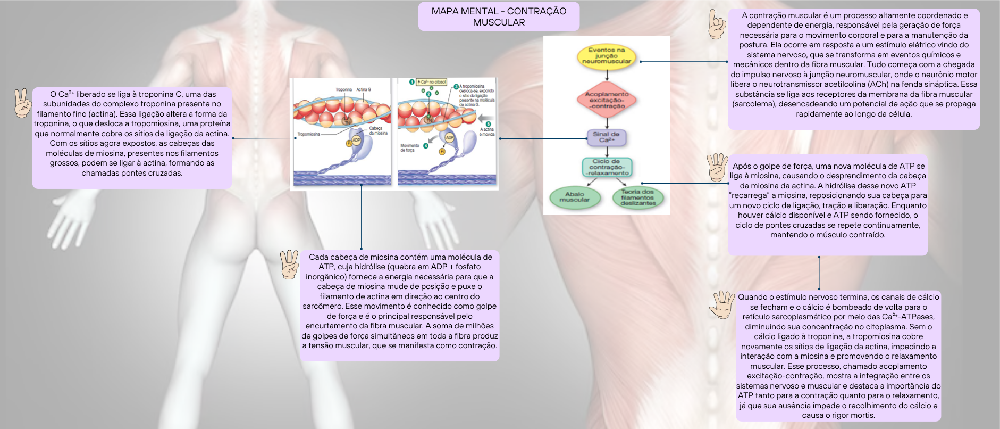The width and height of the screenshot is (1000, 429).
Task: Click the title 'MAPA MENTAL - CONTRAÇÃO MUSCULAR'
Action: [x=499, y=16]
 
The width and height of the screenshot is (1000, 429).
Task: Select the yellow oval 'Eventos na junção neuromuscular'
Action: [x=607, y=56]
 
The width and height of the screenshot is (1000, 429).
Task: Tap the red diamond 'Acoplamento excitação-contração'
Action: [x=607, y=100]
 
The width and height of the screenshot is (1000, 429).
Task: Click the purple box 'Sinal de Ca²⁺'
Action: [x=606, y=137]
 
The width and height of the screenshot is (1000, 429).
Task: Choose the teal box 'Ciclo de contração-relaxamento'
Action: [x=607, y=167]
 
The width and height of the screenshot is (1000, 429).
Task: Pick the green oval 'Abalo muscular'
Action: [x=574, y=197]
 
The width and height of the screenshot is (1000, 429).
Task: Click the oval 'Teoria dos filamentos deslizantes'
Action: [x=638, y=197]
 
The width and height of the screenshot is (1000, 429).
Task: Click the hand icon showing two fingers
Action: [x=22, y=103]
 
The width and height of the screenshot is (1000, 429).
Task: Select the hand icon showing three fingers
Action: [x=290, y=265]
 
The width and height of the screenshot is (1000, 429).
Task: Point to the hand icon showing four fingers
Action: [x=717, y=167]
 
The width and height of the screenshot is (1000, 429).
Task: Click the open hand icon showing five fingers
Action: [x=722, y=304]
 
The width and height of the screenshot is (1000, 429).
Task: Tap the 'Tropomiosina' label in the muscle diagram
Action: [x=309, y=134]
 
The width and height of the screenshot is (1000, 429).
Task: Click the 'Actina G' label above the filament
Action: [x=364, y=89]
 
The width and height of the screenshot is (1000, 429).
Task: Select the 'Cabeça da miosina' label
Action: [x=378, y=130]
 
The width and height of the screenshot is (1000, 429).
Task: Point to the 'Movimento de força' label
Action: [x=409, y=147]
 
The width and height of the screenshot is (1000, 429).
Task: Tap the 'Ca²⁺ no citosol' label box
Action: [x=432, y=82]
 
